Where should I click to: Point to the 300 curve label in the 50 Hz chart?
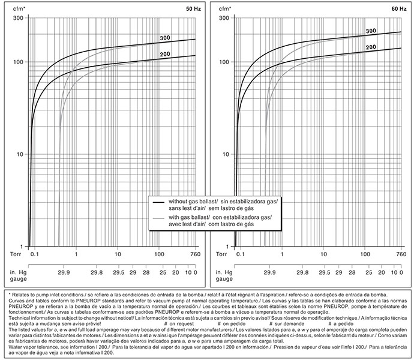point(166,38)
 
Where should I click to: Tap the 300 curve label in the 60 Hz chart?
point(370,31)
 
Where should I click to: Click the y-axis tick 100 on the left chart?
point(17,62)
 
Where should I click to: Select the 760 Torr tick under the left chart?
point(194,254)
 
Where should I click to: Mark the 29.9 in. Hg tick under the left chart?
point(63,271)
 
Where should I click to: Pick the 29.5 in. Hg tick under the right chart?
point(324,271)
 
